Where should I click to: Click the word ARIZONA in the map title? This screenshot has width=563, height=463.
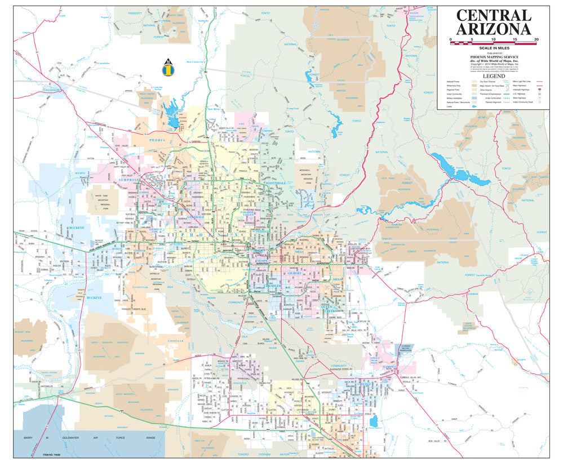pyautogui.click(x=493, y=29)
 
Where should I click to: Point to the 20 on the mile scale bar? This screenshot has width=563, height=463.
pyautogui.click(x=536, y=39)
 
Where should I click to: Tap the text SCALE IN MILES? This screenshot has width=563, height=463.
pyautogui.click(x=493, y=49)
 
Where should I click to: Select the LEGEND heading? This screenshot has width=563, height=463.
pyautogui.click(x=493, y=75)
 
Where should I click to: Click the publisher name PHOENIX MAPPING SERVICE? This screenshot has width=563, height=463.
pyautogui.click(x=493, y=57)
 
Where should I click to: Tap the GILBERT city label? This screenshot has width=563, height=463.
pyautogui.click(x=295, y=273)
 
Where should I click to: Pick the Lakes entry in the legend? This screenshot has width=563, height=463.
pyautogui.click(x=449, y=105)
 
